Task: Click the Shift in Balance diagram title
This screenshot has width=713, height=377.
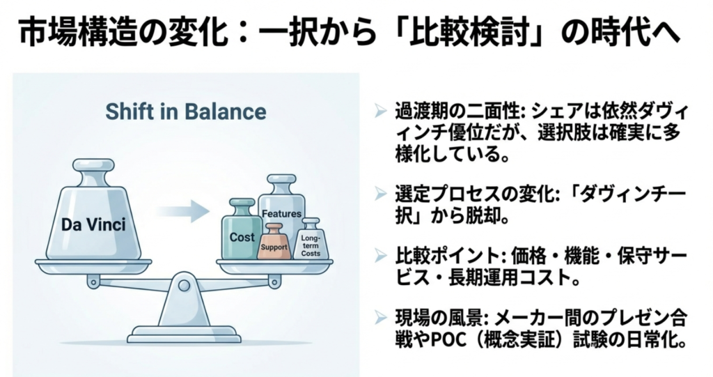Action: [x=185, y=111]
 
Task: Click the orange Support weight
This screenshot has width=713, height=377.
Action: [x=274, y=245]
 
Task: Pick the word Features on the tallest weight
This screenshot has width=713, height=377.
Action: [x=281, y=214]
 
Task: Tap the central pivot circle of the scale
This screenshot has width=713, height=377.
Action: [x=184, y=285]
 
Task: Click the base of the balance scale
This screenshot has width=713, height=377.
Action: [x=183, y=337]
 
